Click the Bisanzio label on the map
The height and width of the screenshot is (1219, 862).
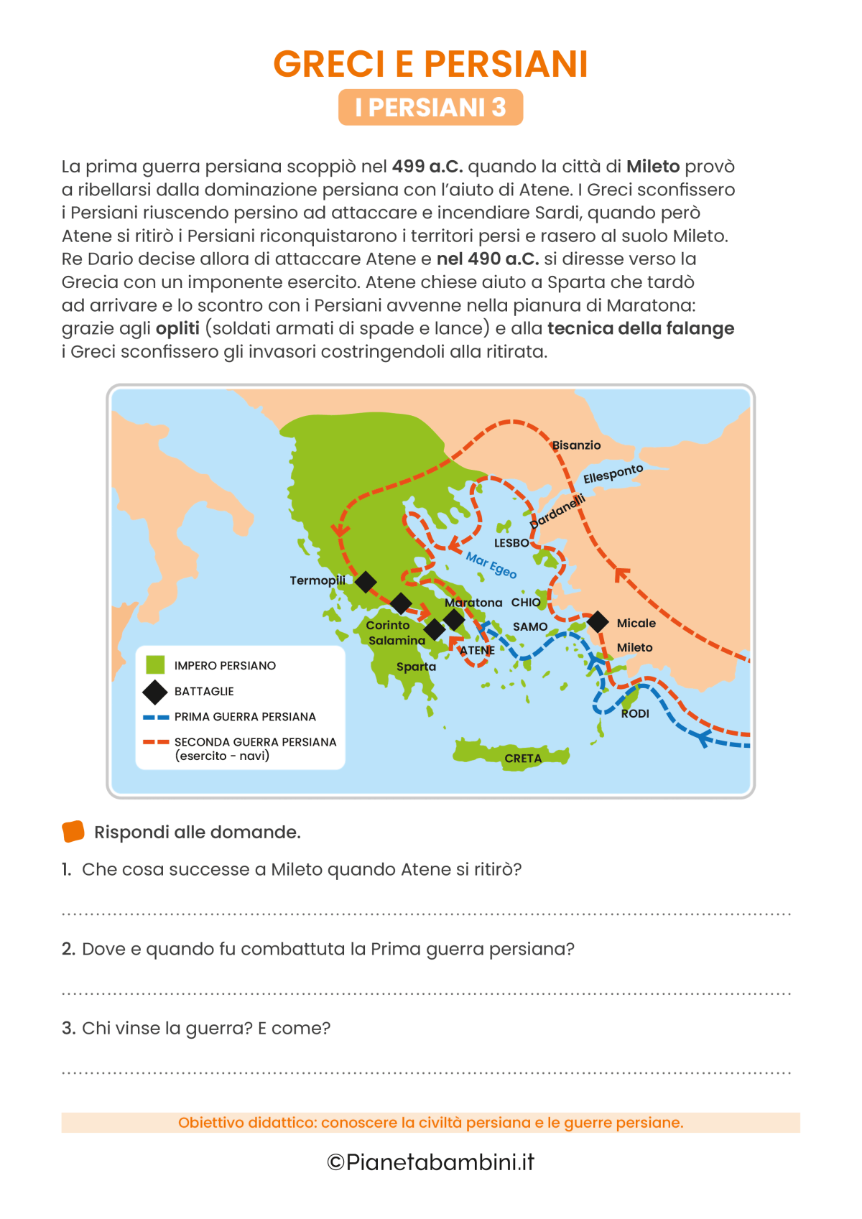[576, 445]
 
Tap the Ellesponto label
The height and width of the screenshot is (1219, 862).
[613, 474]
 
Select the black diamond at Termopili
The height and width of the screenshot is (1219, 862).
[366, 581]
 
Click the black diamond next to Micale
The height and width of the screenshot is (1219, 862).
[598, 622]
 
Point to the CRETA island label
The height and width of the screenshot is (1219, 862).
[523, 759]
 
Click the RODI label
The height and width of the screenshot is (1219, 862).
[635, 713]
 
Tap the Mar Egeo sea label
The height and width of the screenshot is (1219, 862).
[491, 565]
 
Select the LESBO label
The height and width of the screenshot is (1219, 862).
[511, 543]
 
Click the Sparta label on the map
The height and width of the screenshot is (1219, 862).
[416, 667]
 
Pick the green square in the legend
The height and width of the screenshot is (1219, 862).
[155, 665]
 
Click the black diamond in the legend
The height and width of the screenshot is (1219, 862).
[155, 692]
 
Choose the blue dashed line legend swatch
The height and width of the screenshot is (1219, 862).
[156, 717]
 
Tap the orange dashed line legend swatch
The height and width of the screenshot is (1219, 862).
[156, 742]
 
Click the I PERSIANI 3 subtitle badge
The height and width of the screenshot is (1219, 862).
[430, 108]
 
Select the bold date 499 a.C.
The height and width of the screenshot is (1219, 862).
[427, 167]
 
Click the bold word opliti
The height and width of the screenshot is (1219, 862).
[177, 328]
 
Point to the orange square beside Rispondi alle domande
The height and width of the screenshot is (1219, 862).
[73, 831]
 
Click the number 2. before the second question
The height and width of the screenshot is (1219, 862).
[68, 949]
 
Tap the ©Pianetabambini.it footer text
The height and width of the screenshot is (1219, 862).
[430, 1162]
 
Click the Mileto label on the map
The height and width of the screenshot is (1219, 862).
[634, 647]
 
